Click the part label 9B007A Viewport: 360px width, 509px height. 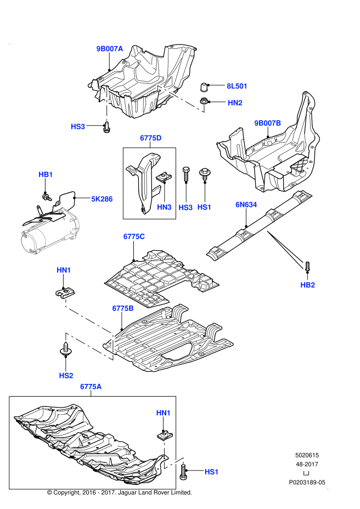[110, 49]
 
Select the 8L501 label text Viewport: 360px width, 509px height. [237, 86]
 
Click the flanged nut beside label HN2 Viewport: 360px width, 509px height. [204, 101]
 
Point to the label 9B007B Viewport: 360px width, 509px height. [267, 123]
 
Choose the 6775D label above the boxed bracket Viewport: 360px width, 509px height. [151, 138]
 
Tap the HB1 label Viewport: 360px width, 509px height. [46, 174]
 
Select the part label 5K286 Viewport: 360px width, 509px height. [102, 199]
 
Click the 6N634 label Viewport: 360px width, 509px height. [246, 205]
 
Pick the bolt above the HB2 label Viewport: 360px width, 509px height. [307, 267]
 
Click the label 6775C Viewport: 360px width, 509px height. [134, 236]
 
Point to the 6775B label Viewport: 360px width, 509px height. [123, 308]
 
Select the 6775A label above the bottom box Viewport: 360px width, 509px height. [91, 387]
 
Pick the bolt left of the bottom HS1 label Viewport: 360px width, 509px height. [183, 472]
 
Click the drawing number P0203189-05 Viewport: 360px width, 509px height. [307, 482]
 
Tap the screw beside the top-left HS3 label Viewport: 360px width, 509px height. [106, 127]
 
